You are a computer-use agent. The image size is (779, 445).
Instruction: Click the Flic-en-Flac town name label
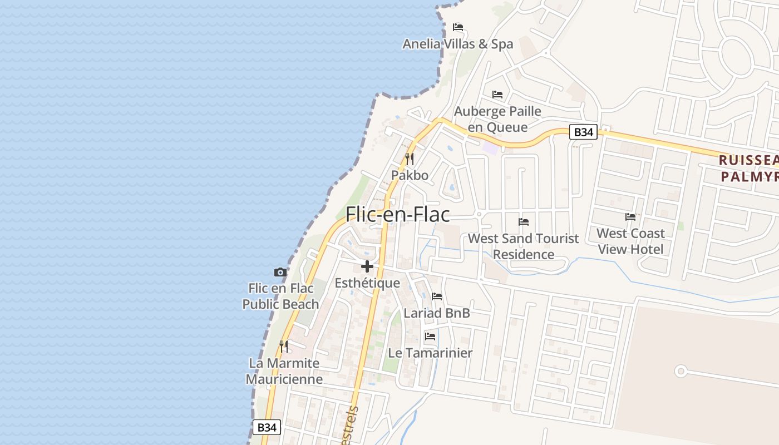397,214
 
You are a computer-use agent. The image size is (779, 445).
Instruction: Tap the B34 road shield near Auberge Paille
584,132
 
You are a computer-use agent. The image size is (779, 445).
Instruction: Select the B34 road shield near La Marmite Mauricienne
267,427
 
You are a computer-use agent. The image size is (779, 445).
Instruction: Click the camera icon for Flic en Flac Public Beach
280,272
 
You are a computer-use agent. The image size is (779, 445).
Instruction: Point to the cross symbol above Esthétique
367,266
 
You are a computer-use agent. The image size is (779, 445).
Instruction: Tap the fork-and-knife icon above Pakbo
410,159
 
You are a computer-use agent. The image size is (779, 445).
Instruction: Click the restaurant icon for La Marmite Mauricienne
284,347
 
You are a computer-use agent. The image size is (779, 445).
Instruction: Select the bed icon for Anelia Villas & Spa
458,27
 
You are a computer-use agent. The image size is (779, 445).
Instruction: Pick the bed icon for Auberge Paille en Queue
497,95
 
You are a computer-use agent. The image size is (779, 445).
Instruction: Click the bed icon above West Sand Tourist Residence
524,221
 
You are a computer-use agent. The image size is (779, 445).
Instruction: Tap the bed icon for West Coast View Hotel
630,216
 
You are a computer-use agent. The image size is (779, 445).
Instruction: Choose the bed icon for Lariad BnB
437,296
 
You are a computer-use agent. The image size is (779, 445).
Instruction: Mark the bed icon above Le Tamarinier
430,336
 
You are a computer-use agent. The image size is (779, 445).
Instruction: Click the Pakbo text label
410,176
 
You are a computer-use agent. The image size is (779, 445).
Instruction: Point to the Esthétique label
367,283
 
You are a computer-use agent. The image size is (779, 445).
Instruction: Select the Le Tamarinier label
430,353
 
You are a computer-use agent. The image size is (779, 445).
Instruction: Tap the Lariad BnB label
437,313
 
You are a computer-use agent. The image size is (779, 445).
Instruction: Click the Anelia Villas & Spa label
458,44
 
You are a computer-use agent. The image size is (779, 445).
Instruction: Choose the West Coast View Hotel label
630,241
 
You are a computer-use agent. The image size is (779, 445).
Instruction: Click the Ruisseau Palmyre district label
748,169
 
